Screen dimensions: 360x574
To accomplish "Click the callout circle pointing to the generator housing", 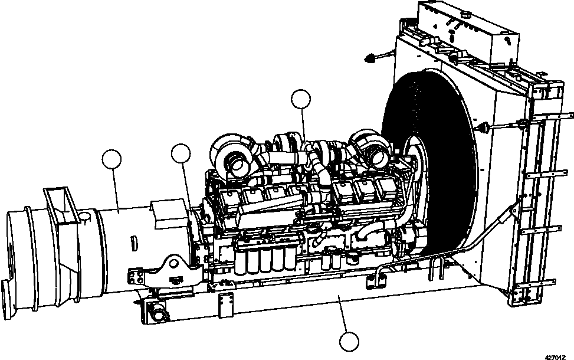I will tap(111, 159).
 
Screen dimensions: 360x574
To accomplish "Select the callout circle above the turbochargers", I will tap(301, 100).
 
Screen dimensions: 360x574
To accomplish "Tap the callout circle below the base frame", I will tap(349, 342).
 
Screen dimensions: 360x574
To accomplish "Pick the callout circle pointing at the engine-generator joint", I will tap(181, 153).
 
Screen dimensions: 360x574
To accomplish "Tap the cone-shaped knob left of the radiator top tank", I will tap(370, 57).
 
